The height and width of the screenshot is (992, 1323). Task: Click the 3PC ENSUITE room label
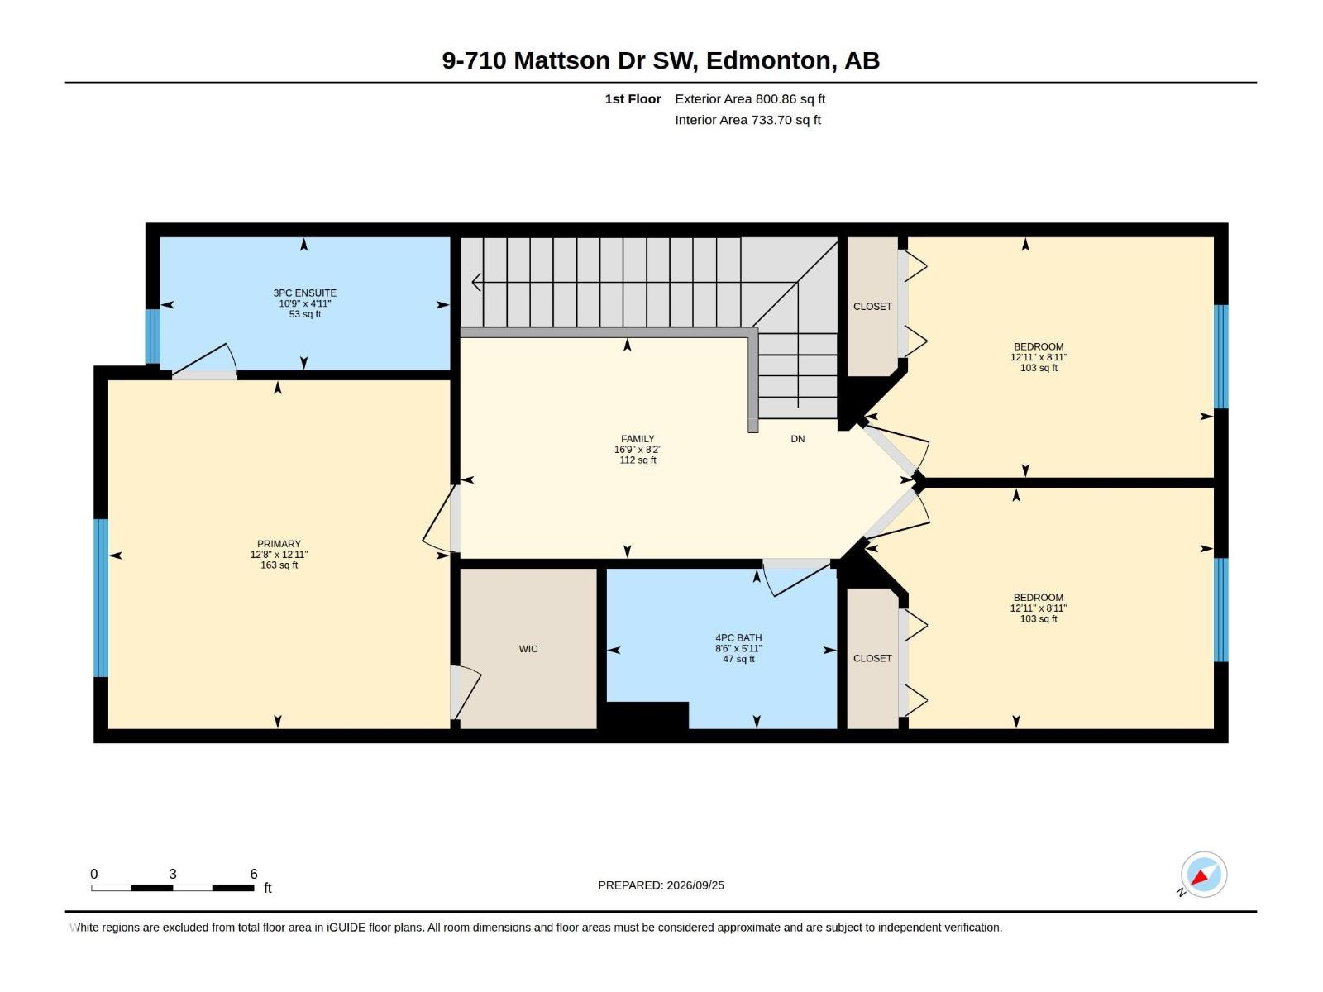point(304,293)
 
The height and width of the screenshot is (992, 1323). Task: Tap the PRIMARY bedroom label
point(279,544)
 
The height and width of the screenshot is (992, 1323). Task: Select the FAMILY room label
point(638,439)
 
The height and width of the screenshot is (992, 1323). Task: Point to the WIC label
point(528,649)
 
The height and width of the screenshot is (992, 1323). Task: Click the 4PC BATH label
point(738,638)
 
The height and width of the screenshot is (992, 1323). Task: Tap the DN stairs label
point(797,439)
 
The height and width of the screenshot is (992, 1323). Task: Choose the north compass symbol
point(1203,875)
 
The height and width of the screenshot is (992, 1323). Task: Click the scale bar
point(172,887)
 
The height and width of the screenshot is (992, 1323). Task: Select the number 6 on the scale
point(254,873)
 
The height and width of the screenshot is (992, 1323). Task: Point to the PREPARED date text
point(661,885)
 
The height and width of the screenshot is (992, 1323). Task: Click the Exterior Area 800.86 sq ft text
point(750,98)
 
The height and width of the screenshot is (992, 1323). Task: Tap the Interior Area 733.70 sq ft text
point(748,120)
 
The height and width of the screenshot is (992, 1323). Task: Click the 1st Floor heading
point(633,98)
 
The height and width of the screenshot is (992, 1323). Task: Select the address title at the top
point(661,60)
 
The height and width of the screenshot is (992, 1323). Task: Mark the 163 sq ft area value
point(279,565)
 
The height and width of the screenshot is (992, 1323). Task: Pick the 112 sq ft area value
point(638,460)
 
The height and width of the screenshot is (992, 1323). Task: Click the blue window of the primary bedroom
point(101,598)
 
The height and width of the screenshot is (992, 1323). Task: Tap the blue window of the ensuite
point(153,336)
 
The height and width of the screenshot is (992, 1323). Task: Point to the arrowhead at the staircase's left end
point(476,282)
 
